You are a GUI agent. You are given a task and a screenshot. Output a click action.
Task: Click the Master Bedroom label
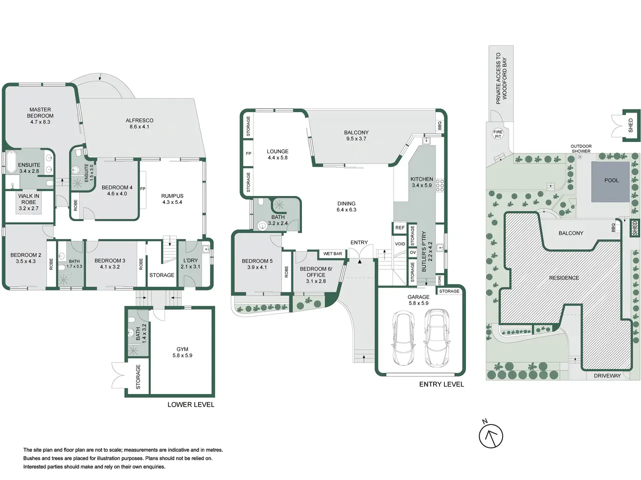[x=40, y=115]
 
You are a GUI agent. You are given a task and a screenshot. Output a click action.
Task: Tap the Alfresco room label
[x=139, y=123]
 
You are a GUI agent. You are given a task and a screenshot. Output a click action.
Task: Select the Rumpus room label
[x=172, y=199]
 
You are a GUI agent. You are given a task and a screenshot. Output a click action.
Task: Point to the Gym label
[x=182, y=352]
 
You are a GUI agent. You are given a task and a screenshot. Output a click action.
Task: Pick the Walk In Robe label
[x=29, y=202]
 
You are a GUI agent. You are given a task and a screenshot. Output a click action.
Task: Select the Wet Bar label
[x=333, y=253]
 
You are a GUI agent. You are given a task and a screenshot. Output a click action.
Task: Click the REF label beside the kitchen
[x=400, y=228]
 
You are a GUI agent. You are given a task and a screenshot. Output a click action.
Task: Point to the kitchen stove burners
[x=440, y=185]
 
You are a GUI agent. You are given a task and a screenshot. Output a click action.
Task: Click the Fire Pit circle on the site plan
[x=498, y=134]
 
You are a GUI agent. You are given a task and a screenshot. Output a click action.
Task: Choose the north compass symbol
[x=491, y=436]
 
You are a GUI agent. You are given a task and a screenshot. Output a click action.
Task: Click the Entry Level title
[x=441, y=384]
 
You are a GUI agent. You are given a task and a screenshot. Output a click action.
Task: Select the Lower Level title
[x=191, y=404]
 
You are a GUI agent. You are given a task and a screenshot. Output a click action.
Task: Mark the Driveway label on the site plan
[x=607, y=375]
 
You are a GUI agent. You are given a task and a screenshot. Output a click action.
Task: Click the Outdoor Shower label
[x=581, y=148]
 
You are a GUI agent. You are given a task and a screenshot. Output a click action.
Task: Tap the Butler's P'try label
[x=427, y=251]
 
